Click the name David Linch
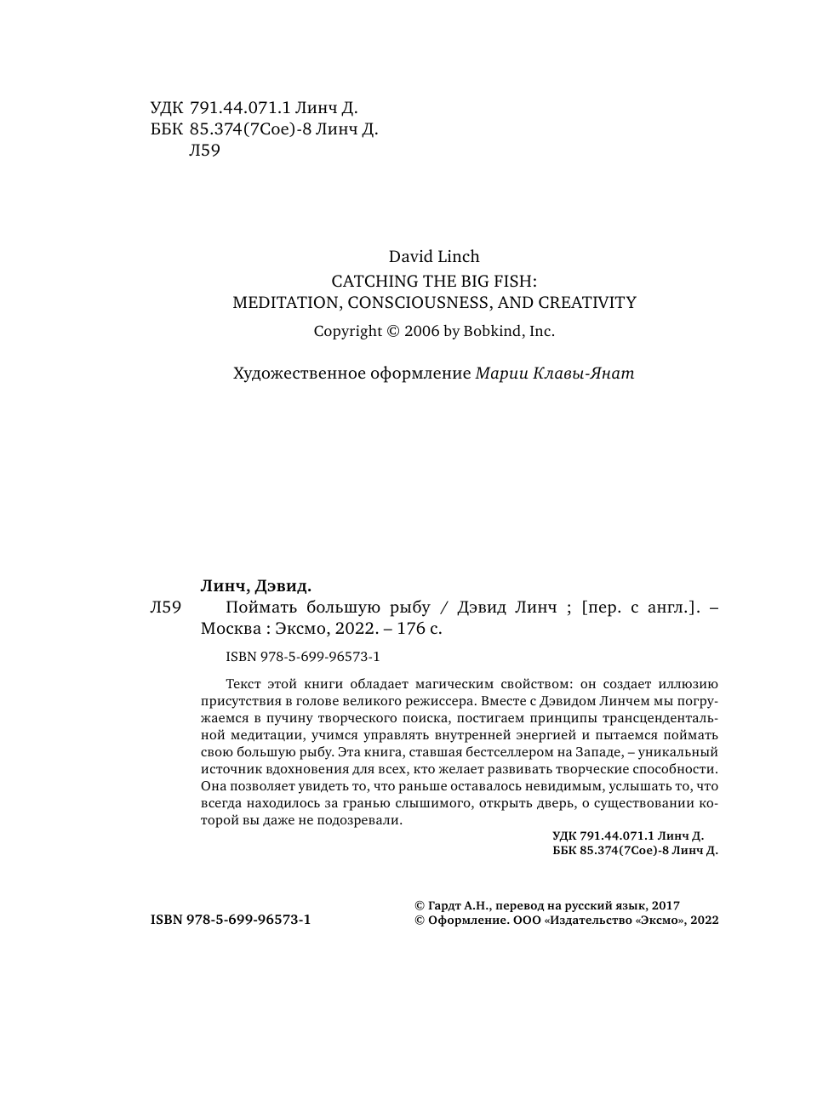(x=434, y=257)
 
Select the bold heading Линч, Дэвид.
(x=255, y=585)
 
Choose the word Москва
(x=229, y=630)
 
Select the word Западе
(x=600, y=753)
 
